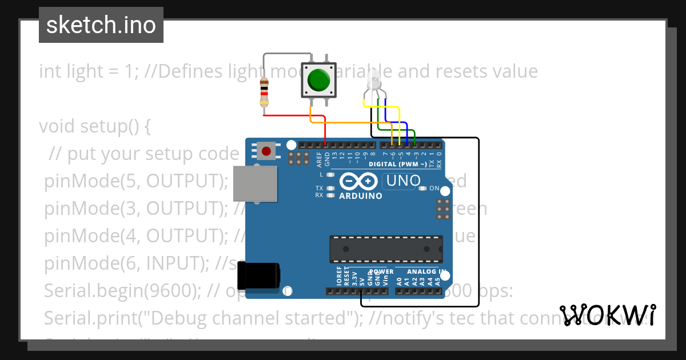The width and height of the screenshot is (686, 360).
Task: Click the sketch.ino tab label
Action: pyautogui.click(x=101, y=25)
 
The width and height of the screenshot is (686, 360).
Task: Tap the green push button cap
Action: pyautogui.click(x=318, y=80)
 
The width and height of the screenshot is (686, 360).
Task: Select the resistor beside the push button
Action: pyautogui.click(x=264, y=93)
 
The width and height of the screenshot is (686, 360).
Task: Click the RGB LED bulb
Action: pyautogui.click(x=373, y=80)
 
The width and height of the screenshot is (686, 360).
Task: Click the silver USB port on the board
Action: pyautogui.click(x=256, y=184)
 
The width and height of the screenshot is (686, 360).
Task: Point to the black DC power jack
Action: pyautogui.click(x=258, y=275)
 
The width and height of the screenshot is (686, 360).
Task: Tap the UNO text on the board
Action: pyautogui.click(x=403, y=181)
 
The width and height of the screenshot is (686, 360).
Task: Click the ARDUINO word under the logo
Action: pyautogui.click(x=361, y=195)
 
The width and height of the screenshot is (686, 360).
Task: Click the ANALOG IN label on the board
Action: pyautogui.click(x=426, y=271)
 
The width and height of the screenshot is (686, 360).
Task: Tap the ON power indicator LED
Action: pyautogui.click(x=423, y=189)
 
